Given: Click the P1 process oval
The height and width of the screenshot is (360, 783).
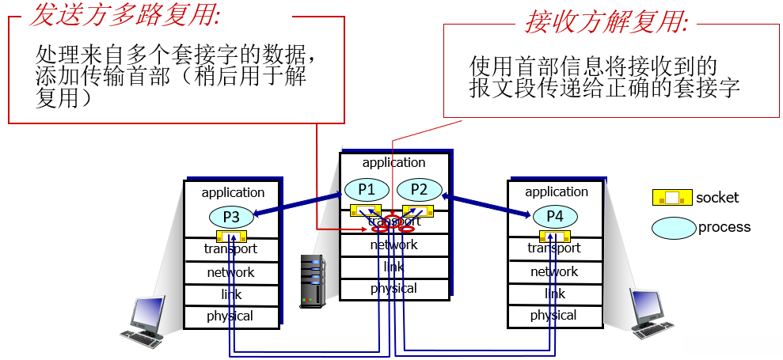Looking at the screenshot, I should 366,190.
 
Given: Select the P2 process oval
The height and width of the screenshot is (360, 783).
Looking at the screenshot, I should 419,190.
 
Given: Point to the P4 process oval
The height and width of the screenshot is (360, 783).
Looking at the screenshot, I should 555,215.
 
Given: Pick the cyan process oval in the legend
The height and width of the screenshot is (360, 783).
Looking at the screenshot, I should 673,228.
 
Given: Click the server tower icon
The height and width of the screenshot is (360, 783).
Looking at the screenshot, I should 313,281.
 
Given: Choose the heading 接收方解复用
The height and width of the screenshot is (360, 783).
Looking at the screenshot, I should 606,21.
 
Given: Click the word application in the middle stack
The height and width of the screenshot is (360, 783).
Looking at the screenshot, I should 393,162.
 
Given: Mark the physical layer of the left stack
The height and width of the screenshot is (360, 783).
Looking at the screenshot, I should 230,316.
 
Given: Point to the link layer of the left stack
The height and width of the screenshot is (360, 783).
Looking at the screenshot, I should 230,294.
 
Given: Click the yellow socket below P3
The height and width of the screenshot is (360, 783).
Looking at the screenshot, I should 232,236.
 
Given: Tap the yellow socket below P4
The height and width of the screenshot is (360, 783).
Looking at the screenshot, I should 555,235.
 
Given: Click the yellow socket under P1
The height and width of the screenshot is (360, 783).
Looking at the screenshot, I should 365,210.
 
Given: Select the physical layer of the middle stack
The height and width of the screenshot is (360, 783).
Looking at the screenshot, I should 393,288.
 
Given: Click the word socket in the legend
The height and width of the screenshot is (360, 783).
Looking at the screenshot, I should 717,197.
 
